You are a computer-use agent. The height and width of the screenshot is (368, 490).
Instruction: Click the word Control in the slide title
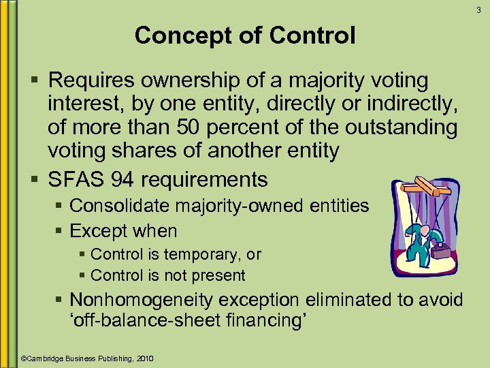[316, 35]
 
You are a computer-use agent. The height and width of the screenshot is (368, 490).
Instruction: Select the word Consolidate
[115, 205]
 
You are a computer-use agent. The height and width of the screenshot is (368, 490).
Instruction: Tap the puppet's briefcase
[441, 251]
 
